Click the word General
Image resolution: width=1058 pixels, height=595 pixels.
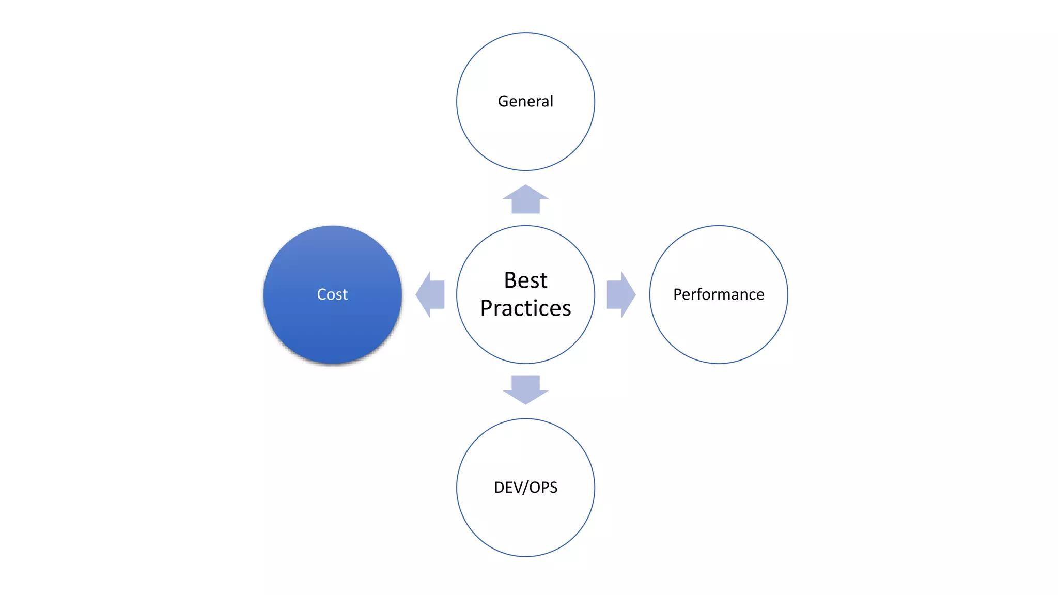[525, 101]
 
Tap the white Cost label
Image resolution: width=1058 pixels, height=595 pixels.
[332, 294]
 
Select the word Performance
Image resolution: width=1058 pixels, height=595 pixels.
[719, 294]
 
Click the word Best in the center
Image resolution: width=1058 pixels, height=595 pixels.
[525, 280]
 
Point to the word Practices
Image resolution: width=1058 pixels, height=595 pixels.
[525, 308]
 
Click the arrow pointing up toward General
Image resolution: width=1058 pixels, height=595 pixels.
[525, 199]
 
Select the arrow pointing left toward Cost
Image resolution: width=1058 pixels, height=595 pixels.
[430, 294]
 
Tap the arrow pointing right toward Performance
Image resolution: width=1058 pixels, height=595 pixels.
[620, 294]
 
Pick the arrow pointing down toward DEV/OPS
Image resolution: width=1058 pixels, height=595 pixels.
[525, 389]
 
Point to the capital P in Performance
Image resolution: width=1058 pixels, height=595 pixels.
[678, 294]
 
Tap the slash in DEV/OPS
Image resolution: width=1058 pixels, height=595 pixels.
[526, 488]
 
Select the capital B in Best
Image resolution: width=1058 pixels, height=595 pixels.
[510, 280]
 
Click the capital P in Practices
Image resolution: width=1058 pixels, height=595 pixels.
[487, 308]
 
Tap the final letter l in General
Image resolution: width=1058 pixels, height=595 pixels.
[551, 101]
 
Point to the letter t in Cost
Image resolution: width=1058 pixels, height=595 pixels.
[345, 295]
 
